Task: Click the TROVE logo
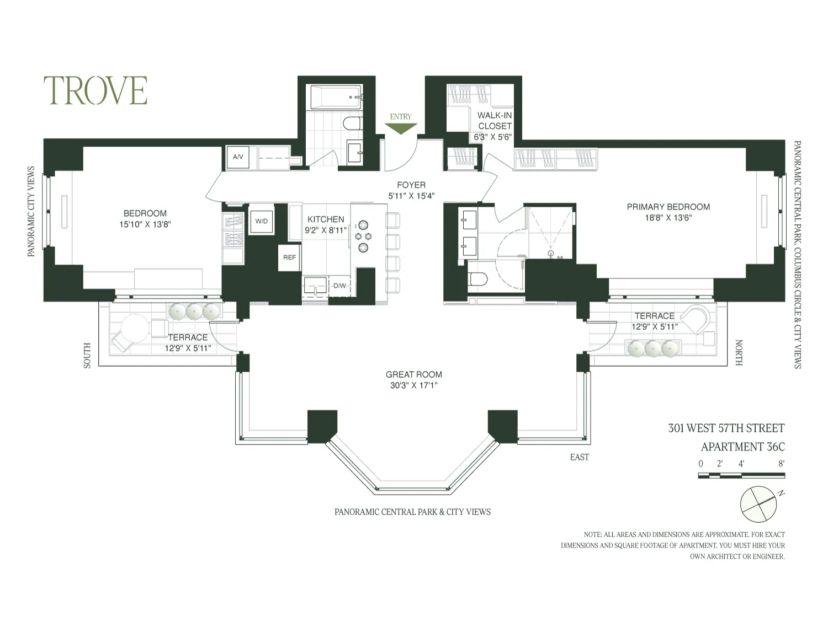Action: pyautogui.click(x=95, y=91)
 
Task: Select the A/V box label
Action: pyautogui.click(x=238, y=157)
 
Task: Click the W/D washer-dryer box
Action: pyautogui.click(x=261, y=221)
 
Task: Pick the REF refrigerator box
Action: pyautogui.click(x=289, y=257)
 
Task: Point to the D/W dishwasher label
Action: pyautogui.click(x=339, y=286)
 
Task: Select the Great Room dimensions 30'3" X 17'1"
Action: pyautogui.click(x=413, y=386)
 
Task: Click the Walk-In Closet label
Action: pyautogui.click(x=495, y=121)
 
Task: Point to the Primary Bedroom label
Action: pyautogui.click(x=668, y=207)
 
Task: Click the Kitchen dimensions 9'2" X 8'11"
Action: pyautogui.click(x=326, y=230)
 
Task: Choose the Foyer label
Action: pyautogui.click(x=411, y=185)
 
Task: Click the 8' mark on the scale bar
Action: pyautogui.click(x=781, y=464)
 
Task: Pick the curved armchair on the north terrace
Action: pyautogui.click(x=695, y=319)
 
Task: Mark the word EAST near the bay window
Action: pyautogui.click(x=579, y=457)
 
